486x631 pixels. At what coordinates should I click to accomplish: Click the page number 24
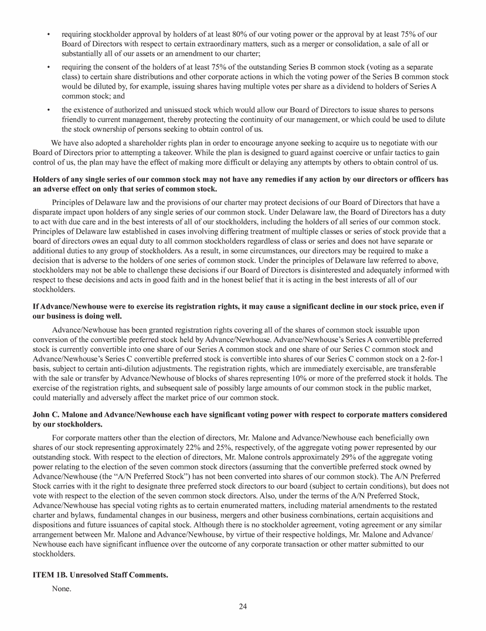(243, 606)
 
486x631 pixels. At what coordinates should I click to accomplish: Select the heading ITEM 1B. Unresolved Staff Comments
(100, 575)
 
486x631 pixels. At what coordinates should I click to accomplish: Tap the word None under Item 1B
(62, 588)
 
